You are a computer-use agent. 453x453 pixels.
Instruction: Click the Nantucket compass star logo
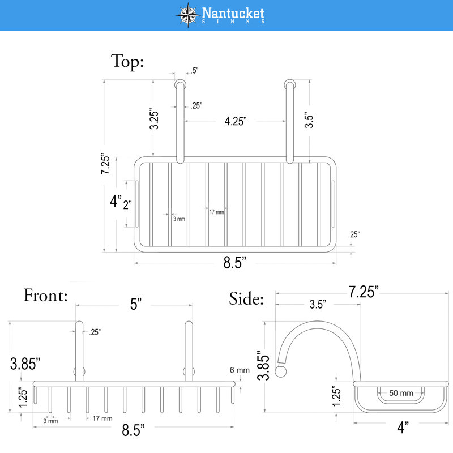pos(188,15)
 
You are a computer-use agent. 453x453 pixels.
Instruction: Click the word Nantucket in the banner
pos(233,13)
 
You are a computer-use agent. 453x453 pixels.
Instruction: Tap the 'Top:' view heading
pos(127,62)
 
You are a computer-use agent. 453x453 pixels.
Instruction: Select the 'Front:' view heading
pos(46,295)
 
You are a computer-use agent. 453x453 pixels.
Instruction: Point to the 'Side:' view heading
pos(246,298)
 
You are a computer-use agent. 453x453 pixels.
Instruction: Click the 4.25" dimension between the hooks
pos(236,121)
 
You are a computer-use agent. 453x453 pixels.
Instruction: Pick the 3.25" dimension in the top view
pos(154,119)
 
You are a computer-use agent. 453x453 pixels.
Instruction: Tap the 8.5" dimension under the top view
pos(234,262)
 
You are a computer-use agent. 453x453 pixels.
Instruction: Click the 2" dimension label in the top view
pos(127,205)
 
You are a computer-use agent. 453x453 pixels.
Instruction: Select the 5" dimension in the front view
pos(135,304)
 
